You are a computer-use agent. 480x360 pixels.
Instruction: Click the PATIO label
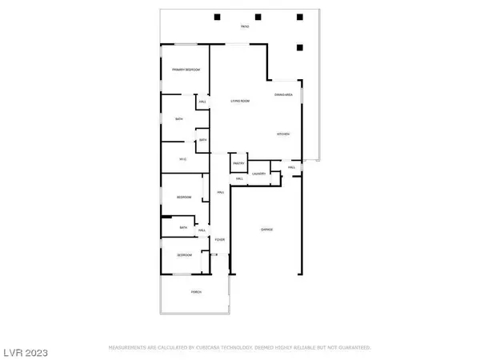(x=245, y=27)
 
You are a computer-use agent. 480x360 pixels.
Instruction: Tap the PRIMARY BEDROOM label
(x=186, y=70)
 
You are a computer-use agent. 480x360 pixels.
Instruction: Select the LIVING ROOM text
(x=241, y=101)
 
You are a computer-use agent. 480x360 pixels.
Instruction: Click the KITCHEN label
(x=283, y=134)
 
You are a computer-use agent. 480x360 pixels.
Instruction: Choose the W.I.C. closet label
(x=182, y=159)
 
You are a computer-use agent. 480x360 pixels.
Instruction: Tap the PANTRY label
(x=238, y=164)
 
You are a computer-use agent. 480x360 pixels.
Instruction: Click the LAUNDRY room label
(x=258, y=174)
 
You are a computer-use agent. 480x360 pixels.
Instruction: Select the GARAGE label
(x=266, y=230)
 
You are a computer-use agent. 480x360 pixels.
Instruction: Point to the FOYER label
(x=219, y=239)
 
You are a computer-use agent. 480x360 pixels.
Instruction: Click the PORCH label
(x=196, y=292)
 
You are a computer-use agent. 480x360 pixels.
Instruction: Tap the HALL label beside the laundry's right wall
(x=292, y=167)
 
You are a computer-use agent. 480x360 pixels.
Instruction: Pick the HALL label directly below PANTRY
(x=239, y=178)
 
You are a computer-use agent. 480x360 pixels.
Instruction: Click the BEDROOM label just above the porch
(x=184, y=255)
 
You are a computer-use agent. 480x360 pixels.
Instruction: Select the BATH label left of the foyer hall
(x=183, y=227)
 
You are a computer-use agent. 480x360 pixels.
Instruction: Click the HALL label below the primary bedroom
(x=202, y=102)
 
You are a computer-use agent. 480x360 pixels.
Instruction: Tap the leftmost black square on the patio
(x=218, y=16)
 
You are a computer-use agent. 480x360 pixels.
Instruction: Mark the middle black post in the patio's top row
(x=258, y=16)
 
